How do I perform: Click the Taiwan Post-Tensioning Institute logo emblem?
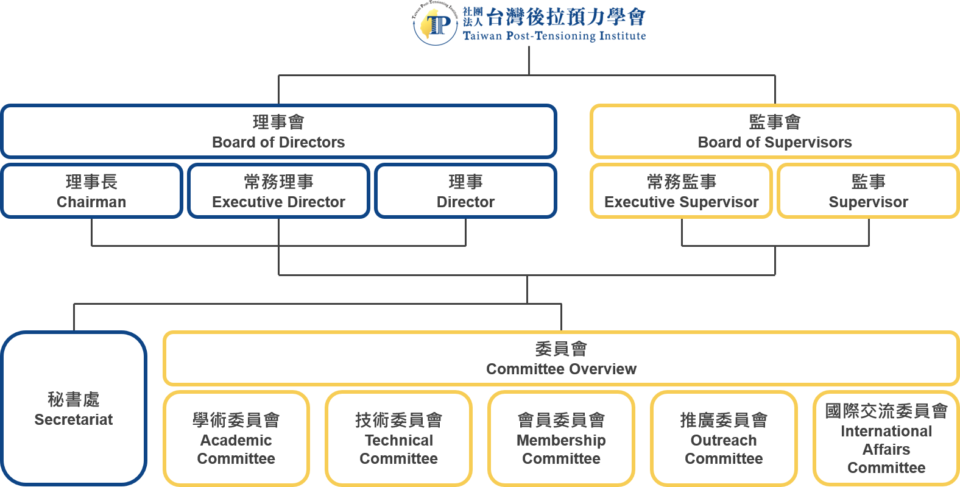point(435,25)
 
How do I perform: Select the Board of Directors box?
point(278,132)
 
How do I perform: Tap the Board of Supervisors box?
point(774,132)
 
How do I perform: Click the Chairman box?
point(91,191)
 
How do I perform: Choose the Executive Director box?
point(278,191)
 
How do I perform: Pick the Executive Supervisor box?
point(681,191)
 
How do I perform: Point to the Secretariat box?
point(74,408)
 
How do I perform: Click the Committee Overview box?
point(561,359)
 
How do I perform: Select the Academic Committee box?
point(236,439)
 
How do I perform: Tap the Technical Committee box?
point(398,439)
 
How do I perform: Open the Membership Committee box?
point(561,439)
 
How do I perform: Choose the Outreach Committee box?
point(724,439)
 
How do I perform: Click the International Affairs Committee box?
point(886,439)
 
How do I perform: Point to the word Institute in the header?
point(622,36)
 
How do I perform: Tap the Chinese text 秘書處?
point(74,399)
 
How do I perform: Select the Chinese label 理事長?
point(91,182)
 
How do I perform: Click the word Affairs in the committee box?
point(886,450)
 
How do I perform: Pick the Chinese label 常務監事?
point(681,182)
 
